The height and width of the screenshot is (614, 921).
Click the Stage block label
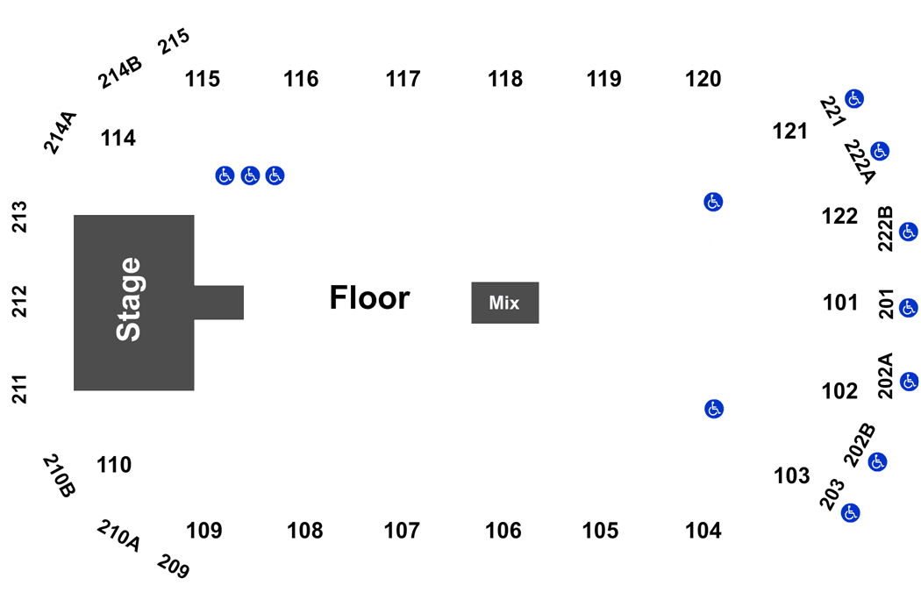tap(129, 299)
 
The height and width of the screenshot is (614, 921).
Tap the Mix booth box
tap(505, 303)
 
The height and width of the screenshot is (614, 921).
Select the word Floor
tap(369, 297)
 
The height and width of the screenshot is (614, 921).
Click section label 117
tap(403, 79)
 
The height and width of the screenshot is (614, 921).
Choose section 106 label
tap(503, 531)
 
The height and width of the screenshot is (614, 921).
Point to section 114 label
tap(118, 138)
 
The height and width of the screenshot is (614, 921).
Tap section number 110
tap(114, 465)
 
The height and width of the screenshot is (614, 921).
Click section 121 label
tap(790, 131)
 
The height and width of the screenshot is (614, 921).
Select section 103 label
tap(792, 475)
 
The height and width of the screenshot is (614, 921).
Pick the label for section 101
tap(840, 303)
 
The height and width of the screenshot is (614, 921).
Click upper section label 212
tap(20, 301)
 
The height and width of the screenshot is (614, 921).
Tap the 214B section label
tap(120, 72)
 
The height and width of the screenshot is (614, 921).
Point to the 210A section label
tap(118, 535)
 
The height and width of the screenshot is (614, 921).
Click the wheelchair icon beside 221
tap(854, 99)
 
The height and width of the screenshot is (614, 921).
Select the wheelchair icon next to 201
tap(909, 308)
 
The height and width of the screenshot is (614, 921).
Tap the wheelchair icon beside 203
tap(850, 513)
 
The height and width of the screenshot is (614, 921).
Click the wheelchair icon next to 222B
tap(909, 232)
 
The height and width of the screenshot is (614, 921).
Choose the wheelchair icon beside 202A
tap(910, 382)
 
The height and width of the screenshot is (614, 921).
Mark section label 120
tap(703, 79)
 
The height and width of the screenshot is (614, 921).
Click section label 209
tap(174, 567)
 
